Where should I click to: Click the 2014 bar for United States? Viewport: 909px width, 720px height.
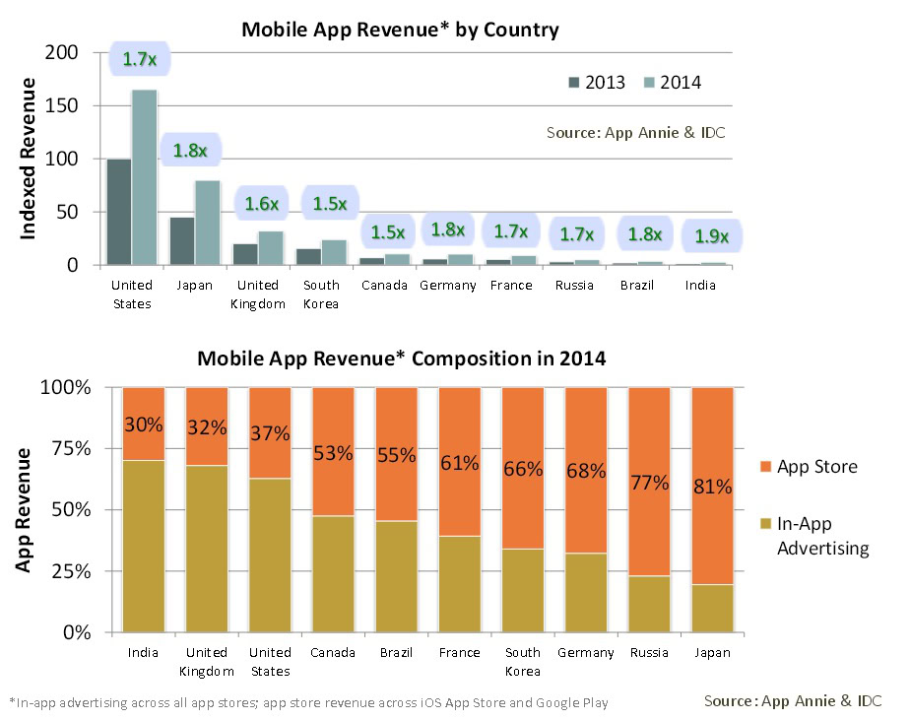144,177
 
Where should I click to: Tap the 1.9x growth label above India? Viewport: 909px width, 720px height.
711,236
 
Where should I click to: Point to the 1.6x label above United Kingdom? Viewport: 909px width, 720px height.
262,204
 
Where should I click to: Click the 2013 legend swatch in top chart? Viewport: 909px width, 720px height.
573,82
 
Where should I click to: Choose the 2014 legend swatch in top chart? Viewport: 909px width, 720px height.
651,82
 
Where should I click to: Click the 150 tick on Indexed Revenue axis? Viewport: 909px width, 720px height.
72,105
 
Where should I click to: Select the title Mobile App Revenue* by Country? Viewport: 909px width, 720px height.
400,30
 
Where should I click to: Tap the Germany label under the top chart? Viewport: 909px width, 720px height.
447,286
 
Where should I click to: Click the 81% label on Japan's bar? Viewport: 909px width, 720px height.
712,487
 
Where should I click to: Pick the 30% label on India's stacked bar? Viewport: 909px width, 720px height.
143,425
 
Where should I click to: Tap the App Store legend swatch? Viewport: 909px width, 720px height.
763,466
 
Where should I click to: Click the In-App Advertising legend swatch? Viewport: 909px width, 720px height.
763,525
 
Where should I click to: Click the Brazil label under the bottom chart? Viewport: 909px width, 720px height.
396,653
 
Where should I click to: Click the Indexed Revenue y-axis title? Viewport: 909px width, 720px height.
29,159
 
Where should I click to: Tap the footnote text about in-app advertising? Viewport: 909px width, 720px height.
308,702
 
